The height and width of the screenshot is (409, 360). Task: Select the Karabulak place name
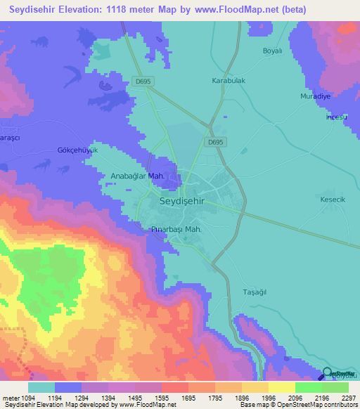coord(229,81)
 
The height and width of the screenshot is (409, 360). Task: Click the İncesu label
coord(336,117)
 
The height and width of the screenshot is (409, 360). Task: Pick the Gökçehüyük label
coord(77,150)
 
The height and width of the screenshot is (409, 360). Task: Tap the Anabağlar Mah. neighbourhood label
coord(138,176)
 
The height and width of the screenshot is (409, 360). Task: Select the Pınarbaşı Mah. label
coord(177,230)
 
